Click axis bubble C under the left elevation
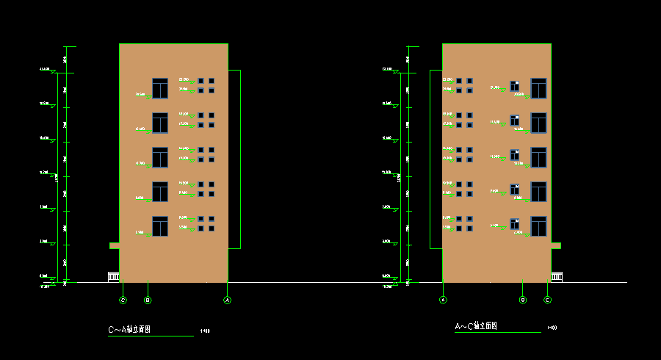(x=123, y=300)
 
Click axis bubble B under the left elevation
(x=148, y=300)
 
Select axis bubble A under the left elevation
(x=228, y=300)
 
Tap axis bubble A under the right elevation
(x=443, y=300)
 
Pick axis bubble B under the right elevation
(x=523, y=300)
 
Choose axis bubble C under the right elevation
(x=547, y=300)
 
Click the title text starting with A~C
(x=476, y=326)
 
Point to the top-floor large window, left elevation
(x=160, y=88)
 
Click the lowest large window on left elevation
(x=160, y=226)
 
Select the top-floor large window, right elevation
(x=539, y=88)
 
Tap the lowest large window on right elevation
(x=539, y=226)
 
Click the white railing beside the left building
(x=113, y=276)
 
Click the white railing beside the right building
(x=557, y=276)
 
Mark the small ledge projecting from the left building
(x=115, y=245)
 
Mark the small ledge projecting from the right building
(x=556, y=245)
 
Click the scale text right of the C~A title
(x=206, y=331)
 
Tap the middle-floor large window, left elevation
(x=160, y=157)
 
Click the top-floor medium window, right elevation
(x=515, y=85)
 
